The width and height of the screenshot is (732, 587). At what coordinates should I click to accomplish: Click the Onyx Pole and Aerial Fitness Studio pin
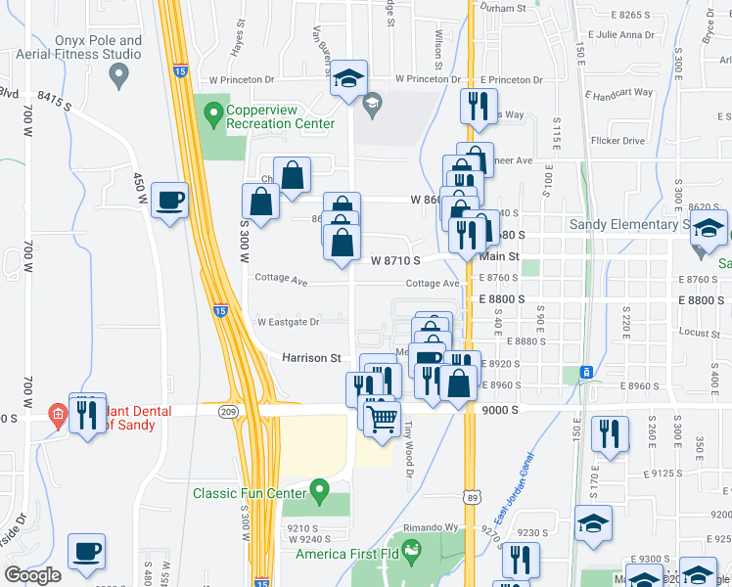120,73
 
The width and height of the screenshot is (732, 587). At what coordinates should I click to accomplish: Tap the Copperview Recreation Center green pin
213,116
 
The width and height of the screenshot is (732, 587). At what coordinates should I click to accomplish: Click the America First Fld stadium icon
412,548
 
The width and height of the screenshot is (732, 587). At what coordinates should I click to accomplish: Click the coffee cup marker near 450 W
170,200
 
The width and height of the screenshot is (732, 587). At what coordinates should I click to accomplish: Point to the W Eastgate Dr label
288,322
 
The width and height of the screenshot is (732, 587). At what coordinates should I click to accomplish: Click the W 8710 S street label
395,260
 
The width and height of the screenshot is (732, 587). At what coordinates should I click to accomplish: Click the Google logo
31,575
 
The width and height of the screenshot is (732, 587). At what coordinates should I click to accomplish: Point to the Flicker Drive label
618,141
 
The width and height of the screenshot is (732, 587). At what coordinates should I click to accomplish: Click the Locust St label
699,334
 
